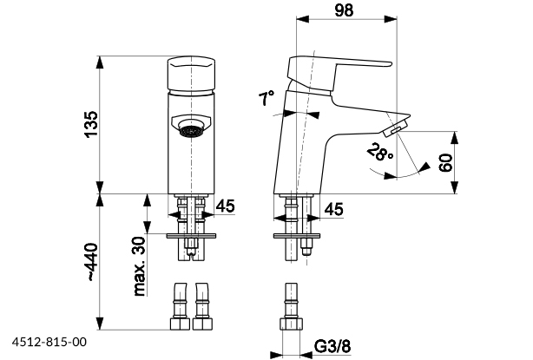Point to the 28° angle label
379,154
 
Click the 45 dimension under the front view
226,206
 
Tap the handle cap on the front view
191,73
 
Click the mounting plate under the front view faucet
191,233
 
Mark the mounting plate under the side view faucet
295,233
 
